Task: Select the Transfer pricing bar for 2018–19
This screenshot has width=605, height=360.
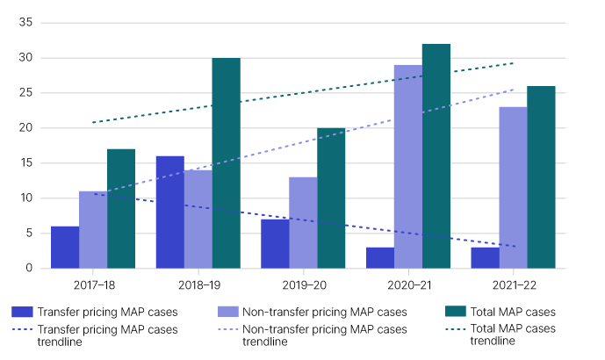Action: (170, 212)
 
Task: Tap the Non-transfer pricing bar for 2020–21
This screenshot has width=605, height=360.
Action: (408, 167)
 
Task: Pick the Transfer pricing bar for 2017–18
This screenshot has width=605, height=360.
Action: (65, 247)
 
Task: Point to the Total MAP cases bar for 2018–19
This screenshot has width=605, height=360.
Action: (226, 163)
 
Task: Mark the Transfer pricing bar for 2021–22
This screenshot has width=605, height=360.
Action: (486, 257)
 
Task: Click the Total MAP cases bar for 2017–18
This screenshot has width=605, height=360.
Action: (121, 208)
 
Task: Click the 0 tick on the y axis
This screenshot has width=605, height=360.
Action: (31, 268)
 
